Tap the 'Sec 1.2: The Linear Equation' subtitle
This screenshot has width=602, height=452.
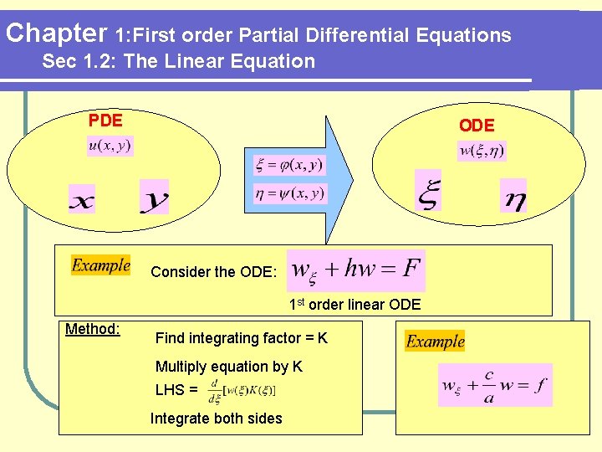coord(178,61)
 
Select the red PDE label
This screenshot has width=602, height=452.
coord(105,121)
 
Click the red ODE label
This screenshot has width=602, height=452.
coord(477,126)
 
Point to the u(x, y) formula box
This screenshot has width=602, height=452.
coord(110,146)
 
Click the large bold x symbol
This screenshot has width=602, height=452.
coord(81,200)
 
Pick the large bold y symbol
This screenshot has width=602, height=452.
coord(155,199)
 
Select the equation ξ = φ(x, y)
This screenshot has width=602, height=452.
coord(289,165)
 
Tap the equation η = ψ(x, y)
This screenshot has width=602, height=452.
coord(289,193)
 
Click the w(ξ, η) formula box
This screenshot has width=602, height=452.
coord(482,152)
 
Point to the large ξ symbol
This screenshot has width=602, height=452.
coord(427,192)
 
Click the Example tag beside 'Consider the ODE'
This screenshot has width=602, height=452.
coord(100,265)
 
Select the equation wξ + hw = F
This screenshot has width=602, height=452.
coord(356,270)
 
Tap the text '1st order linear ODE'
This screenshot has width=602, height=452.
coord(355,305)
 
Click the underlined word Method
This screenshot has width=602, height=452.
coord(92,329)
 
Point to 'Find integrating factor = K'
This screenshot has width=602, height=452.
coord(242,338)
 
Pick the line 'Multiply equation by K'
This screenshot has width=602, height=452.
coord(229,367)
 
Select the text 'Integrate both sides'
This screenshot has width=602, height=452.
coord(217,419)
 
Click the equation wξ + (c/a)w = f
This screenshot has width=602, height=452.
coord(495,386)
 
